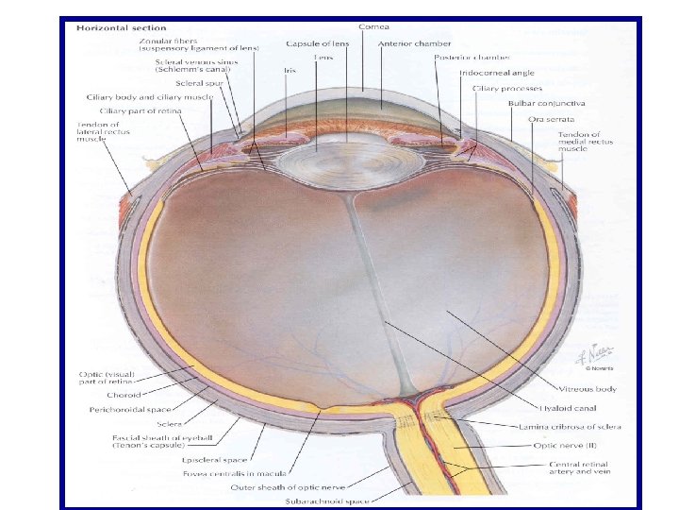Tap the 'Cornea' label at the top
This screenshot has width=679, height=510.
coord(373,25)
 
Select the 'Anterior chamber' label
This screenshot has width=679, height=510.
coord(414,43)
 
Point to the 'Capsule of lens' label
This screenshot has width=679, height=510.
coord(321,43)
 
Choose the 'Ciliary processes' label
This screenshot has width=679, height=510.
coord(495,88)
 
